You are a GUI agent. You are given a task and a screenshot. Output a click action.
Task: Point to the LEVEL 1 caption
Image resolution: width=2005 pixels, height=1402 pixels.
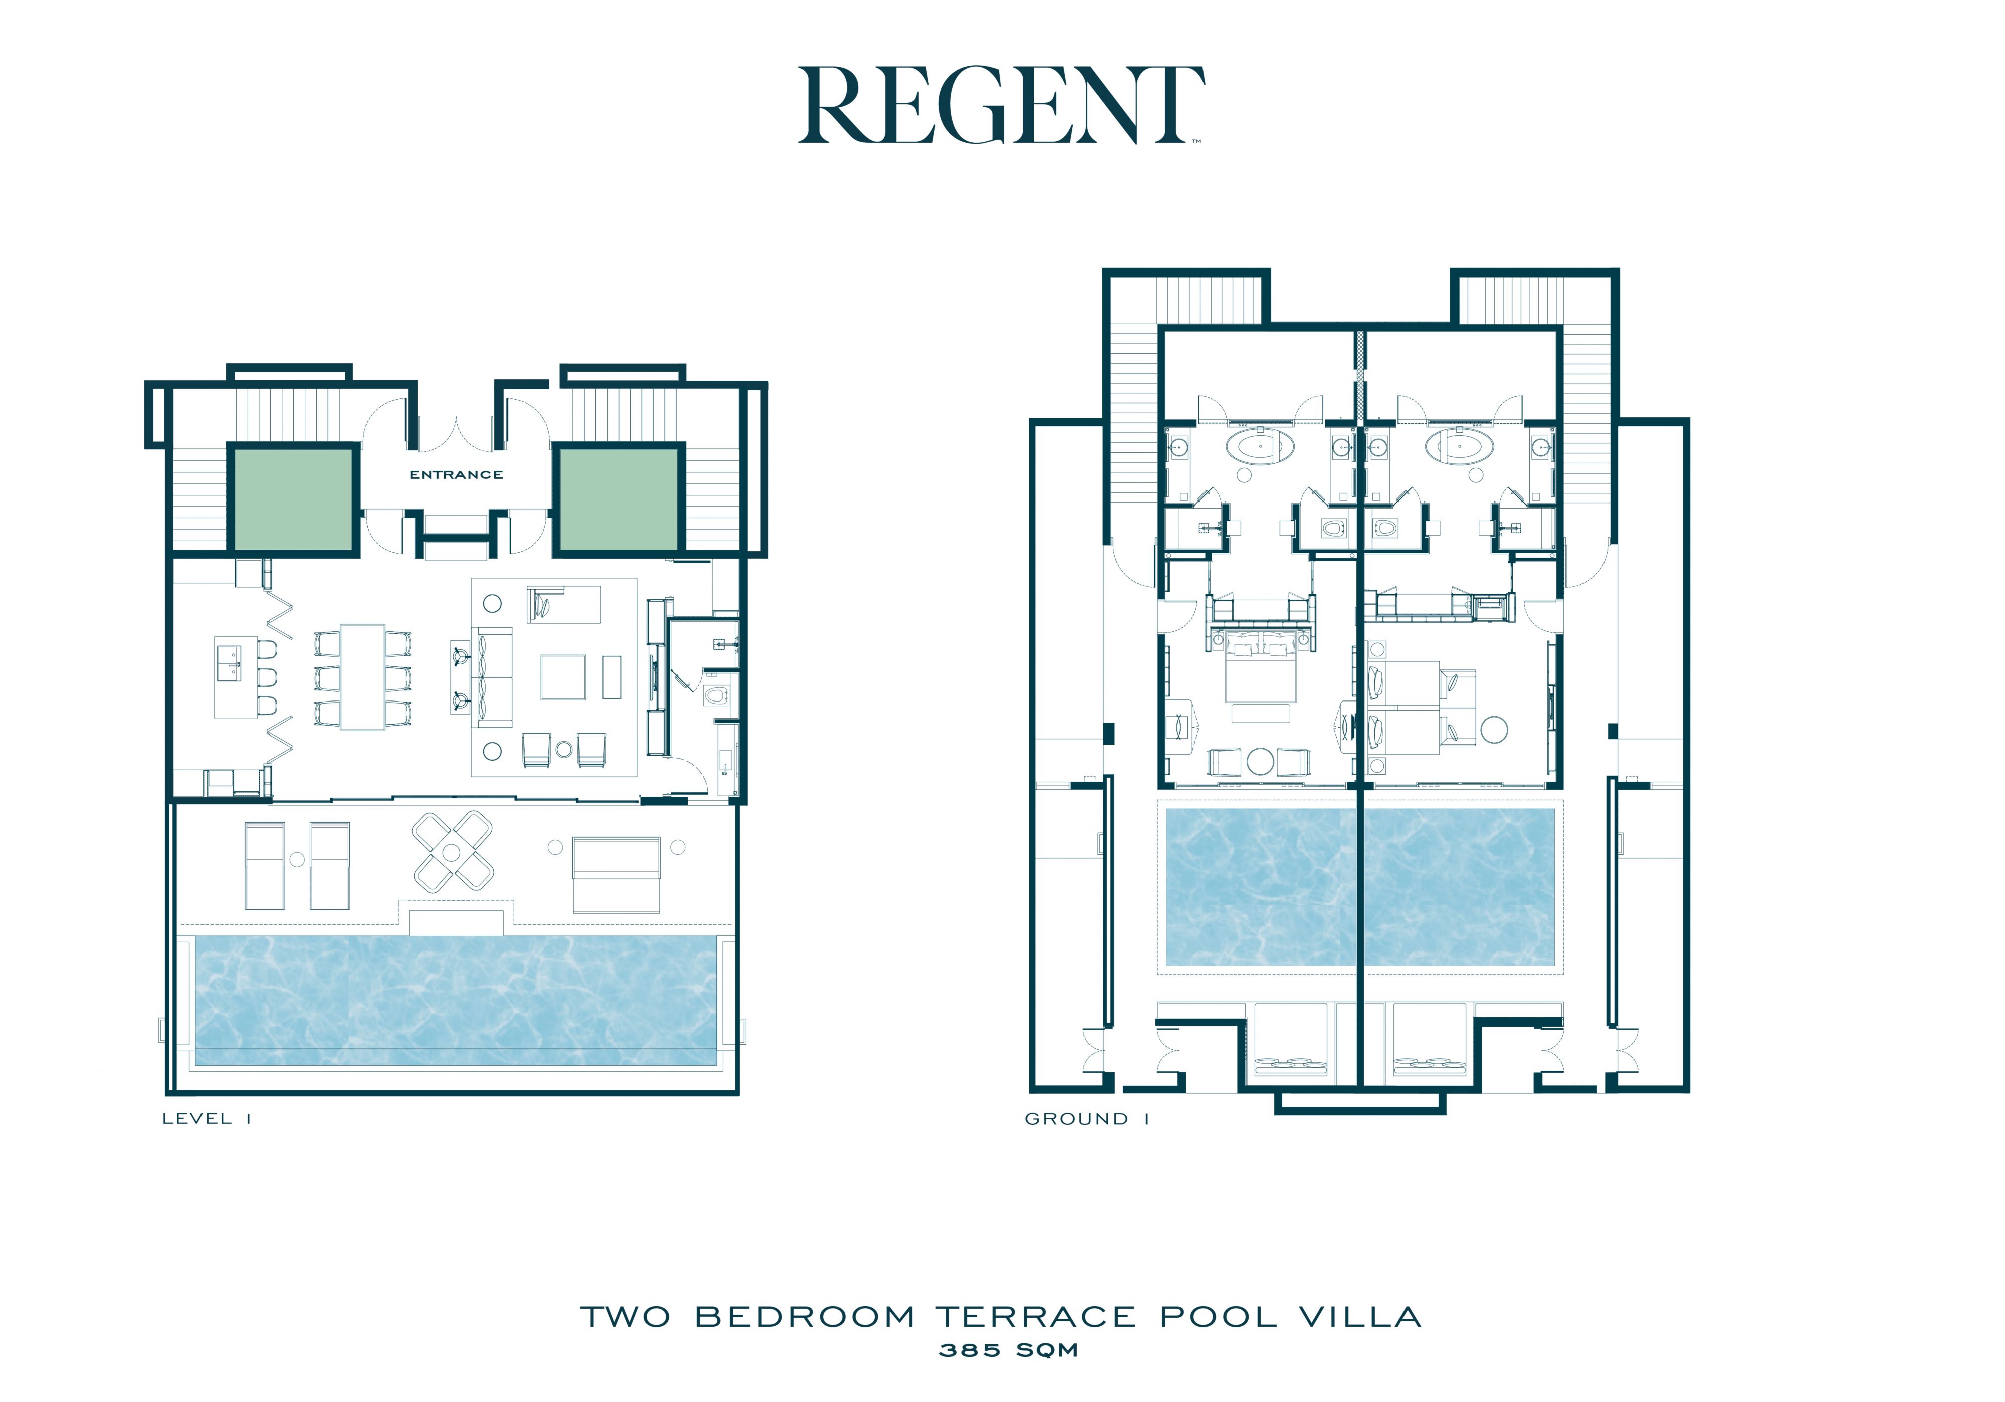click(x=207, y=1119)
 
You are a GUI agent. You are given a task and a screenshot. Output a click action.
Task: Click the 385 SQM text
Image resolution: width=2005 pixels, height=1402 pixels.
click(x=1009, y=1350)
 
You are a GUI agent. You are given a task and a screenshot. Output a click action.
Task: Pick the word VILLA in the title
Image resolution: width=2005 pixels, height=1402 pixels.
click(x=1360, y=1317)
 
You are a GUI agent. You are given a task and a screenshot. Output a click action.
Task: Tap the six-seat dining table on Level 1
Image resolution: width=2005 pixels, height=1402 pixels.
click(x=362, y=676)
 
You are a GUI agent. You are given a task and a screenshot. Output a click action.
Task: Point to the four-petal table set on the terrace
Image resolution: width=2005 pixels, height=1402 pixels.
click(x=452, y=852)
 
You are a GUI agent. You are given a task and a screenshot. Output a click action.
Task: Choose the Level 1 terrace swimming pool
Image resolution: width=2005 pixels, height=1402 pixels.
click(x=455, y=1001)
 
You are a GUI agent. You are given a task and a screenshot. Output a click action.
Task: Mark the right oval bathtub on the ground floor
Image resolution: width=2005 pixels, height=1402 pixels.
click(x=1459, y=446)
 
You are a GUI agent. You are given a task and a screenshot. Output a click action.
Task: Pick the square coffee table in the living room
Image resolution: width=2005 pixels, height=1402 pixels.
click(x=563, y=677)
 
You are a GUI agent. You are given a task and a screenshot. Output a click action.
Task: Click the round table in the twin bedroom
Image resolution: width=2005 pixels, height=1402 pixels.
click(x=1494, y=729)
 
